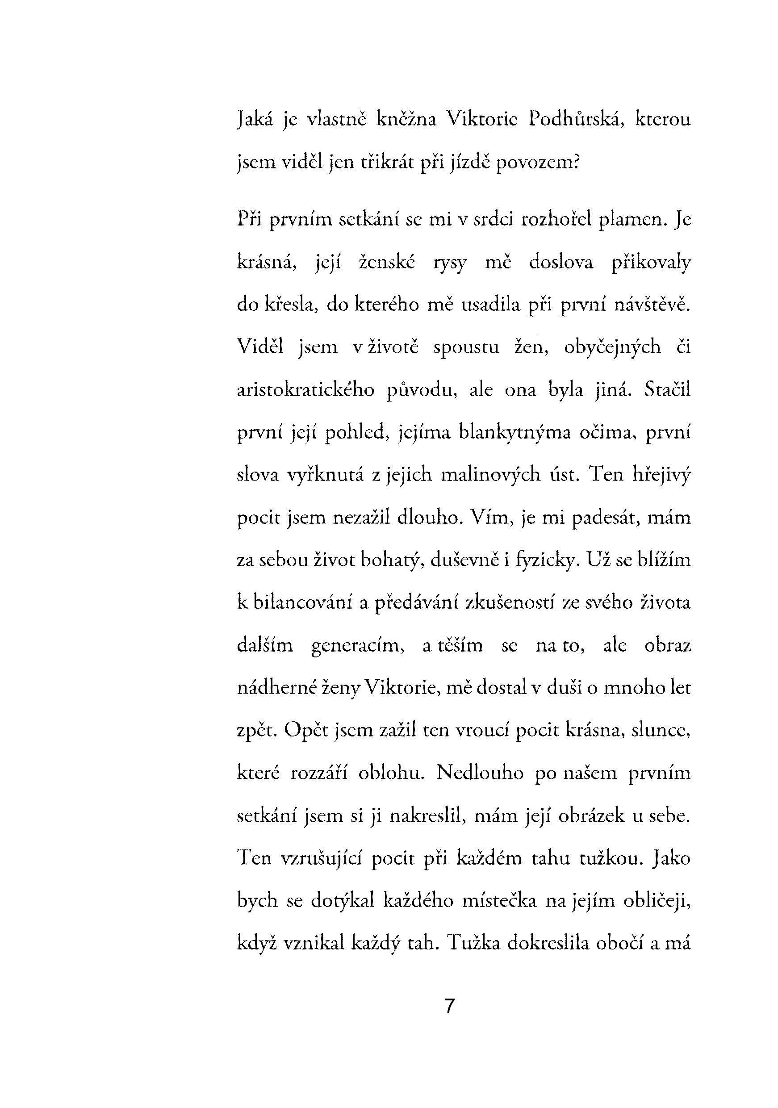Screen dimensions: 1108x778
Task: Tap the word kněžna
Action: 406,119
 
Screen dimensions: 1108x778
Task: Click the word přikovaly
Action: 651,263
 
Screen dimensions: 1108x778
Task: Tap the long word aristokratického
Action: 305,390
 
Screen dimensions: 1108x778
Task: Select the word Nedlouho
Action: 480,773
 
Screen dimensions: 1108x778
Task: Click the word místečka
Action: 499,901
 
